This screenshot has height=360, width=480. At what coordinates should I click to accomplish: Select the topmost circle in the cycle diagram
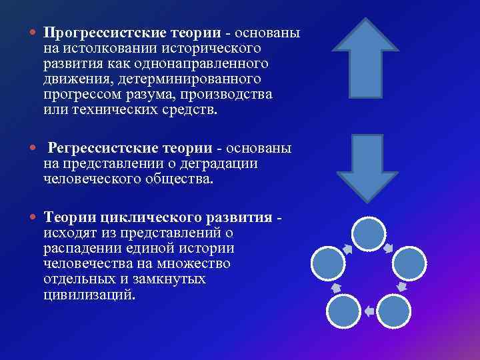(x=368, y=234)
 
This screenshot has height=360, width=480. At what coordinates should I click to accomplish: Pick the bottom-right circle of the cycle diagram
(x=395, y=310)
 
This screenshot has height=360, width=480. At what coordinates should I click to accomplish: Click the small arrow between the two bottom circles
(x=369, y=311)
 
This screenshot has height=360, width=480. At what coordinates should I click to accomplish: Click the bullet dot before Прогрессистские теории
(x=33, y=33)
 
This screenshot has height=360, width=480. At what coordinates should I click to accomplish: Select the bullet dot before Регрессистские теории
(x=33, y=147)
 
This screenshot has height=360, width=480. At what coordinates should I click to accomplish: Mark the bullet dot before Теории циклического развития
(x=33, y=217)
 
